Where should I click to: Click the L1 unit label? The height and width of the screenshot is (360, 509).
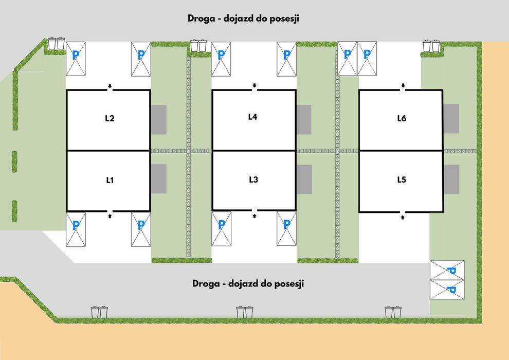pos(110,180)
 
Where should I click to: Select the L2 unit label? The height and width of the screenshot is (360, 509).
pos(110,118)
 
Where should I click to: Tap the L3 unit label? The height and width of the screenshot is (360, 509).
pos(253,179)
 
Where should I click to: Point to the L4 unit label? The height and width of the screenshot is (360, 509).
pos(252,117)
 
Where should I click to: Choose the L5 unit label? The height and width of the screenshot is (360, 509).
pos(402,179)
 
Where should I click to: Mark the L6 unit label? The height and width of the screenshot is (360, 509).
pos(402,118)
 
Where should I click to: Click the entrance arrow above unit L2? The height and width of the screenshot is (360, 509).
pos(110,86)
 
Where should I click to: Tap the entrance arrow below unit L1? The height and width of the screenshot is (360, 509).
pos(110,216)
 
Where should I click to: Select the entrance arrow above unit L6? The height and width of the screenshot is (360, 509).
pos(403,86)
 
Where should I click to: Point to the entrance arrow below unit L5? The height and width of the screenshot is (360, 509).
pos(403,217)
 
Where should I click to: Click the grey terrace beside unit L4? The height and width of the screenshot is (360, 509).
pos(304,120)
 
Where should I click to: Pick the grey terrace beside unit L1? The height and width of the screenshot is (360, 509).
pos(159,179)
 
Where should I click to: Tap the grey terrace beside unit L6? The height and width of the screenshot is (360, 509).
pos(451,119)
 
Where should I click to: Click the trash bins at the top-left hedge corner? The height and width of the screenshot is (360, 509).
pos(56,43)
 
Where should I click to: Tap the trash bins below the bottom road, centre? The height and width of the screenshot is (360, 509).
pos(245,312)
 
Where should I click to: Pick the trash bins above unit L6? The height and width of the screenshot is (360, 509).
pos(431,46)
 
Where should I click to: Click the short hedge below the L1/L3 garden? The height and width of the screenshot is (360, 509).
pos(182,260)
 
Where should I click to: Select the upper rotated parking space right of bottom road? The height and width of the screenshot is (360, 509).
pos(447,270)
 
